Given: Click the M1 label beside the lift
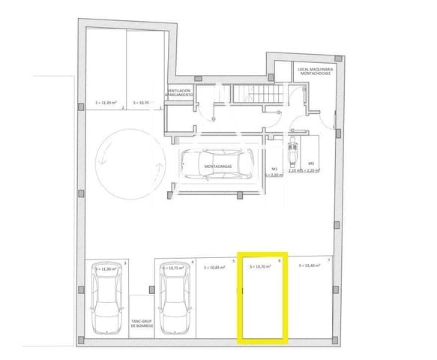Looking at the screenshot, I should [x=274, y=169].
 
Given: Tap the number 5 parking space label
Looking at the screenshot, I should [x=233, y=261].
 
